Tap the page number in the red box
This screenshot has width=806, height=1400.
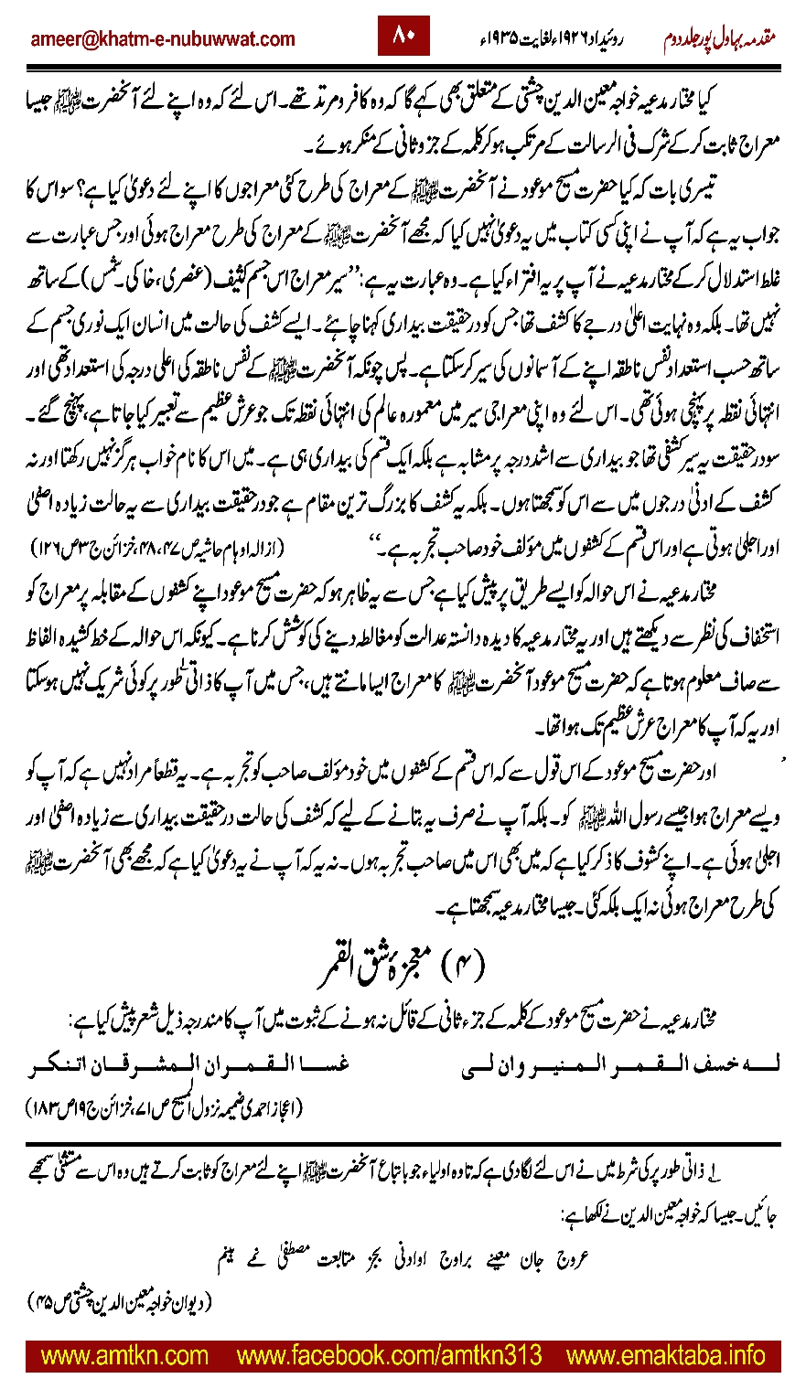pyautogui.click(x=403, y=37)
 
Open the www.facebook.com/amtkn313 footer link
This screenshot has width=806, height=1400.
pyautogui.click(x=389, y=1352)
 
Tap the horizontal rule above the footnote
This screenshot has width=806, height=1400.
pyautogui.click(x=403, y=1143)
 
